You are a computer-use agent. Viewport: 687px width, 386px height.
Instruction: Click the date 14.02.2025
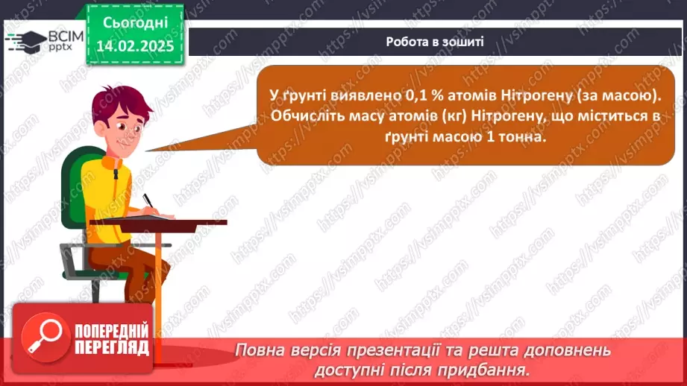135,46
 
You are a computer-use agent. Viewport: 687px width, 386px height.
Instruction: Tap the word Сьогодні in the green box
135,23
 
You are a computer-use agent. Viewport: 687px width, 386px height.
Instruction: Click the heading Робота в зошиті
435,42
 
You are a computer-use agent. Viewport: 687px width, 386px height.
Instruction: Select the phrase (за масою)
619,96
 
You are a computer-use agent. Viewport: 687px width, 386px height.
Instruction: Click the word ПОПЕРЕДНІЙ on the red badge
112,330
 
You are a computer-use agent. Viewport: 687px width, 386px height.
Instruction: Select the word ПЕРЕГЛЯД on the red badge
112,347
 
